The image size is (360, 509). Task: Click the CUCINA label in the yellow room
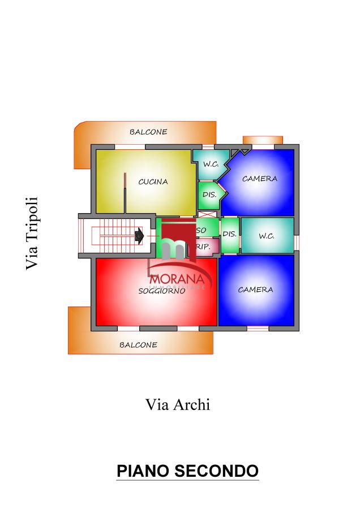pyautogui.click(x=153, y=182)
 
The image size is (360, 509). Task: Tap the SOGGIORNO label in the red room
pyautogui.click(x=162, y=291)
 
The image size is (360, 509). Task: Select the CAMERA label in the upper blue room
pyautogui.click(x=259, y=178)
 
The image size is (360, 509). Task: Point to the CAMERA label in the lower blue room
pyautogui.click(x=255, y=290)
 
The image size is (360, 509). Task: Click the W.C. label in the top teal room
pyautogui.click(x=211, y=164)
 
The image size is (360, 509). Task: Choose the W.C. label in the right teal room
pyautogui.click(x=267, y=236)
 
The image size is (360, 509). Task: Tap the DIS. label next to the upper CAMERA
pyautogui.click(x=209, y=195)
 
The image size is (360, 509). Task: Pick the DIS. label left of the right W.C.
pyautogui.click(x=229, y=234)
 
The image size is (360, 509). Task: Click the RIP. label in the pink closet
pyautogui.click(x=204, y=247)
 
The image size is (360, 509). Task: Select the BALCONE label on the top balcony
pyautogui.click(x=148, y=132)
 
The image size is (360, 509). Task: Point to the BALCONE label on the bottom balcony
pyautogui.click(x=138, y=344)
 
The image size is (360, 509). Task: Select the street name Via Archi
pyautogui.click(x=178, y=404)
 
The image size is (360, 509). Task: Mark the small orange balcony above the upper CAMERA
pyautogui.click(x=263, y=140)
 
